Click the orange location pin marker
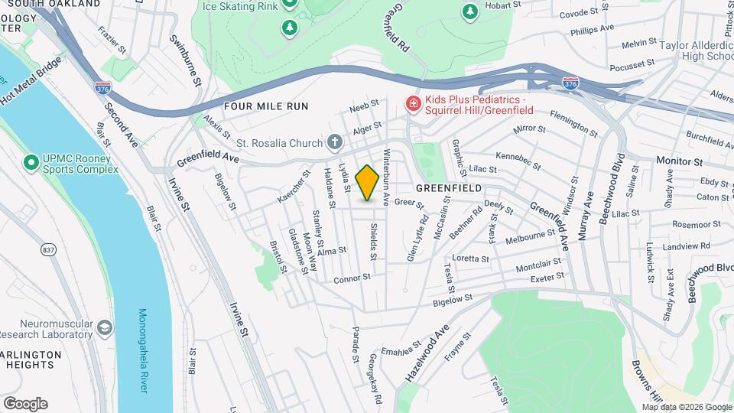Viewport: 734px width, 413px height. pyautogui.click(x=368, y=182)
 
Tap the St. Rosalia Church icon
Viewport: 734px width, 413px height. pyautogui.click(x=334, y=141)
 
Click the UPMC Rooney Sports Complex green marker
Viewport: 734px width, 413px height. pyautogui.click(x=31, y=163)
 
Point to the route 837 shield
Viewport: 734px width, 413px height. pyautogui.click(x=49, y=249)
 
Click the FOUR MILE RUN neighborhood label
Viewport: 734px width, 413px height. pyautogui.click(x=266, y=106)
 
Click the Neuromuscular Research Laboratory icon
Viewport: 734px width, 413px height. pyautogui.click(x=104, y=329)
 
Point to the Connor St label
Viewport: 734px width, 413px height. pyautogui.click(x=352, y=279)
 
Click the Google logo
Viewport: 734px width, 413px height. pyautogui.click(x=25, y=404)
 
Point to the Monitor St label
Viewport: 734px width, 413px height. pyautogui.click(x=679, y=162)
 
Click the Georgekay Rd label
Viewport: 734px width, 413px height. pyautogui.click(x=375, y=379)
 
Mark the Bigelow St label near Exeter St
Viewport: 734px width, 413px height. pyautogui.click(x=454, y=300)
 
